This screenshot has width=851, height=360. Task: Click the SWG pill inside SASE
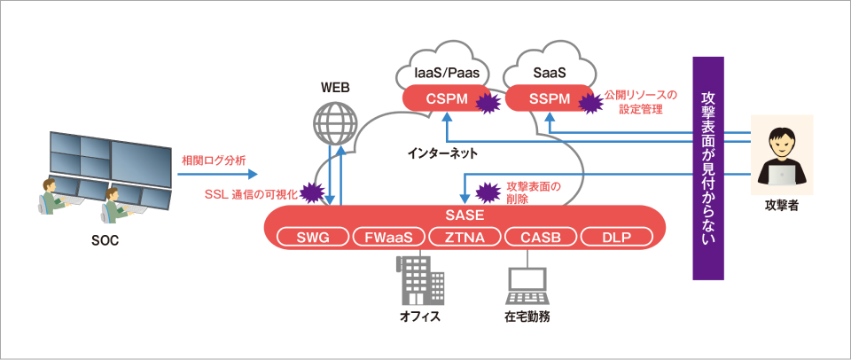pyautogui.click(x=311, y=237)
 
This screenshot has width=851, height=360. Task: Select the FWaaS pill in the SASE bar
pyautogui.click(x=388, y=237)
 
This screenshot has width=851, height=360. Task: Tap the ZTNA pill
pyautogui.click(x=464, y=237)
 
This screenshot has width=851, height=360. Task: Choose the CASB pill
pyautogui.click(x=540, y=237)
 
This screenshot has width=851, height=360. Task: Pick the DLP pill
pyautogui.click(x=616, y=237)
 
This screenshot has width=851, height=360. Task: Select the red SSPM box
pyautogui.click(x=548, y=98)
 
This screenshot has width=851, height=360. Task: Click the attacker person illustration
pyautogui.click(x=782, y=156)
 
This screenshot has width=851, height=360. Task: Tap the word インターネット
pyautogui.click(x=442, y=153)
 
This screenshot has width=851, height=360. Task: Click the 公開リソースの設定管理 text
pyautogui.click(x=640, y=101)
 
